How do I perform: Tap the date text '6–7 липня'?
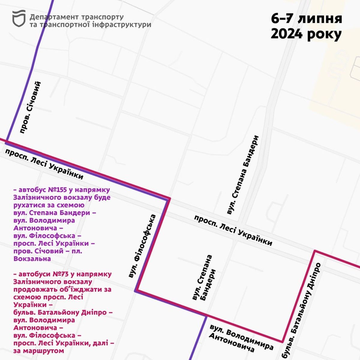pos(306,19)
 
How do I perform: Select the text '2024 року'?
pos(306,34)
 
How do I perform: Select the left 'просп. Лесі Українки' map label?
pos(44,164)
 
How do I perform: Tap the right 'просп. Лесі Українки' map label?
pos(233,230)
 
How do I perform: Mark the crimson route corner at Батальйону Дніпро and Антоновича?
pos(283,341)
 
